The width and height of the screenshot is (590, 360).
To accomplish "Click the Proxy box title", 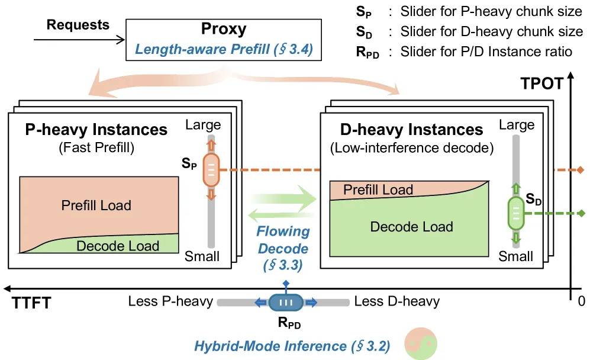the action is (224, 29).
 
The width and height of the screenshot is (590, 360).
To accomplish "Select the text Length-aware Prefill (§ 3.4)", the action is (224, 49).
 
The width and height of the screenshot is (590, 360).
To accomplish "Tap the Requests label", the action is (78, 25).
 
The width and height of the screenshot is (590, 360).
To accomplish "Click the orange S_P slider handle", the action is (211, 170).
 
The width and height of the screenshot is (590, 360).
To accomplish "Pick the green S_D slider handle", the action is (516, 214).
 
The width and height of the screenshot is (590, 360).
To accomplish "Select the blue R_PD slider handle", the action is (286, 303).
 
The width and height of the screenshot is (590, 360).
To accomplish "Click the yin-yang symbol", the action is (421, 343).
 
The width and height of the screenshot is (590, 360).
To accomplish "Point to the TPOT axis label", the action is (542, 83).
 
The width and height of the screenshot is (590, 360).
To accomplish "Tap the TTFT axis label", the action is (31, 303).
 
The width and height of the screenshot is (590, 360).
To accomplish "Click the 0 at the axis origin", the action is (582, 301).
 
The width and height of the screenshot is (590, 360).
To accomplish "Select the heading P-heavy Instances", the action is (96, 130).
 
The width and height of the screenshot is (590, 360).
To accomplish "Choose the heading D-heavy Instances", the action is (412, 130).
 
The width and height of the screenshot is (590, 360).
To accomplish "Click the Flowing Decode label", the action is (283, 240).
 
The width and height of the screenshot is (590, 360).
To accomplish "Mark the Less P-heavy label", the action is (170, 301).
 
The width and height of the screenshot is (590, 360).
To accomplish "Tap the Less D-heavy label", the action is (397, 301).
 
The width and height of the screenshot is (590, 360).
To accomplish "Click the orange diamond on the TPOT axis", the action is (581, 170).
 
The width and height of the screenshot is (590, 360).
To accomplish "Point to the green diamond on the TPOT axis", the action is (581, 214).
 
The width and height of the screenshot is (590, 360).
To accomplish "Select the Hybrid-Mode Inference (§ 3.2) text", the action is (292, 346).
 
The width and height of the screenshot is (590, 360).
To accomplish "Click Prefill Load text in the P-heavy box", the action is (96, 205).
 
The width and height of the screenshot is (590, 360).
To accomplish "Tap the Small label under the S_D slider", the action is (515, 256).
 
